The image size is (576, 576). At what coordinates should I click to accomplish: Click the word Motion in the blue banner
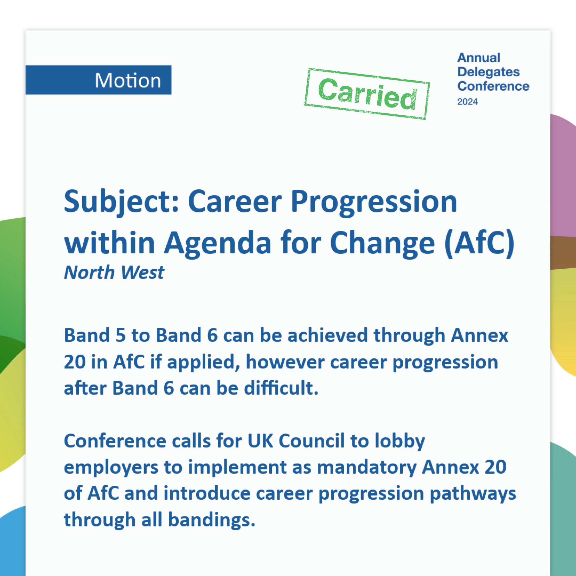[128, 80]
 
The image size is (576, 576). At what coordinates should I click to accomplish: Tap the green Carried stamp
[367, 94]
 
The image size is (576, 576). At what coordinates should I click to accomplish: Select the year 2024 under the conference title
[467, 102]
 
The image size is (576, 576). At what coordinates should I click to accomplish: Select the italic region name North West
[114, 272]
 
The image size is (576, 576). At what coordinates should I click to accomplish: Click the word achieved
[328, 335]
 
